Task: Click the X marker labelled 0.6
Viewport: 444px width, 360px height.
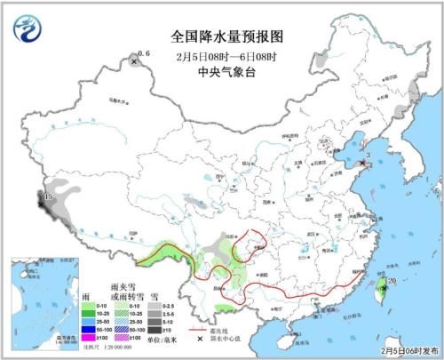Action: click(x=134, y=62)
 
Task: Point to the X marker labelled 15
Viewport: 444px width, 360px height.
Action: click(x=41, y=204)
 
